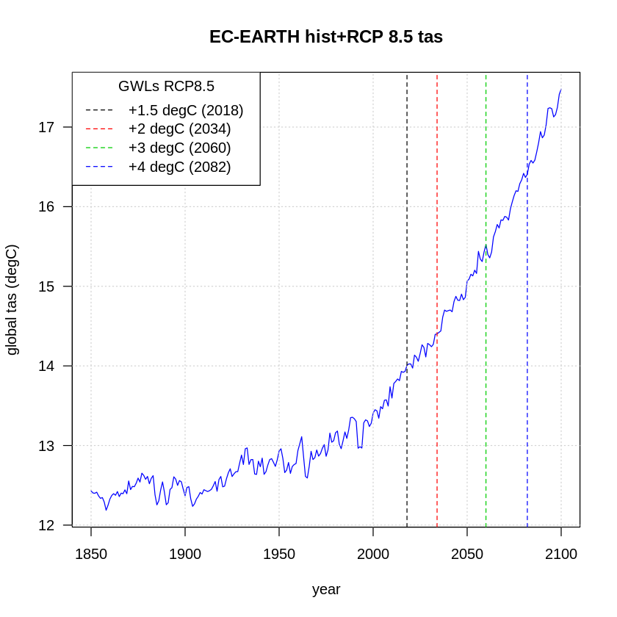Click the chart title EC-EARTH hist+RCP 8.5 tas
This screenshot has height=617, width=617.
[x=326, y=37]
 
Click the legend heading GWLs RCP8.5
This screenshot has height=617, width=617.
[x=166, y=86]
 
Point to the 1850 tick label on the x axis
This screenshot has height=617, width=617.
[x=91, y=554]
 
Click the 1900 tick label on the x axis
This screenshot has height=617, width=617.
[x=185, y=554]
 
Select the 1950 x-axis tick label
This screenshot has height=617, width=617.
[x=279, y=554]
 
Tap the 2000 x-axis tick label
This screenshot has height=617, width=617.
[x=373, y=554]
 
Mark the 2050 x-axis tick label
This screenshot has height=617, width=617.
[x=467, y=554]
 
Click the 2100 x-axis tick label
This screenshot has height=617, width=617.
[x=561, y=554]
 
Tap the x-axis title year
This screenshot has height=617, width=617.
[x=326, y=589]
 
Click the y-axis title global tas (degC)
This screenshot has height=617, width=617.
[x=12, y=300]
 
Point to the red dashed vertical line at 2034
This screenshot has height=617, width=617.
[x=437, y=441]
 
